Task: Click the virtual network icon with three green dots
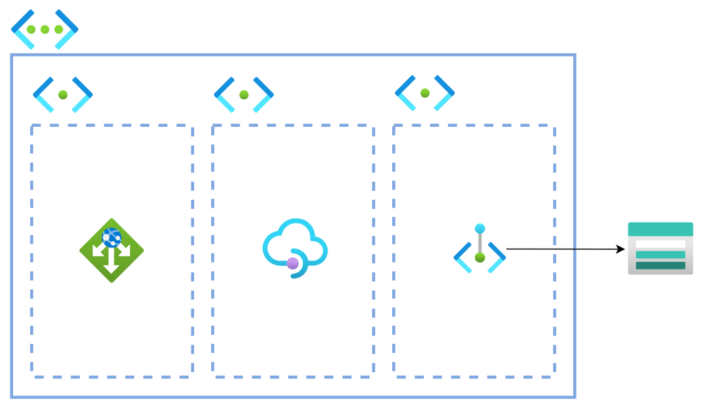tap(45, 29)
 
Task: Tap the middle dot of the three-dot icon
tap(45, 30)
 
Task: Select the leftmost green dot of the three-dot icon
tap(32, 30)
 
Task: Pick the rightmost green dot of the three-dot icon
tap(58, 30)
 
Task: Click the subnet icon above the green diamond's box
tap(63, 94)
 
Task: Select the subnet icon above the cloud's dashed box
tap(244, 94)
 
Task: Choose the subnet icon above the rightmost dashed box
tap(425, 93)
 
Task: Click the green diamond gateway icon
tap(111, 250)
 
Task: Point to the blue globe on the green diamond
tap(111, 238)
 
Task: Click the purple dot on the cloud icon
tap(293, 263)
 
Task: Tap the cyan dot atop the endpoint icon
tap(480, 229)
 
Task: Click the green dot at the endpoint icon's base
tap(480, 258)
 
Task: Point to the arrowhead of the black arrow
tap(621, 249)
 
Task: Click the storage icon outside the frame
tap(660, 249)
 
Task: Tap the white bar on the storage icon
tap(660, 244)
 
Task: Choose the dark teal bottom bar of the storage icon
tap(660, 265)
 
